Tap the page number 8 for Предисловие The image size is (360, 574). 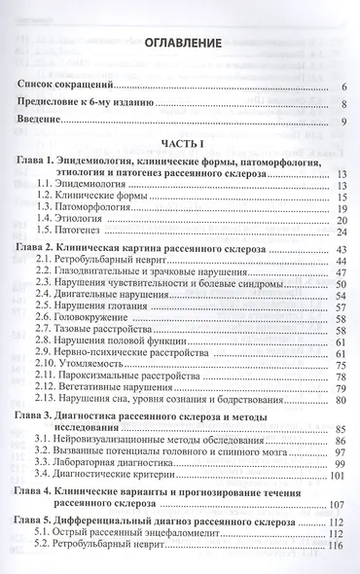tap(345, 104)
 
